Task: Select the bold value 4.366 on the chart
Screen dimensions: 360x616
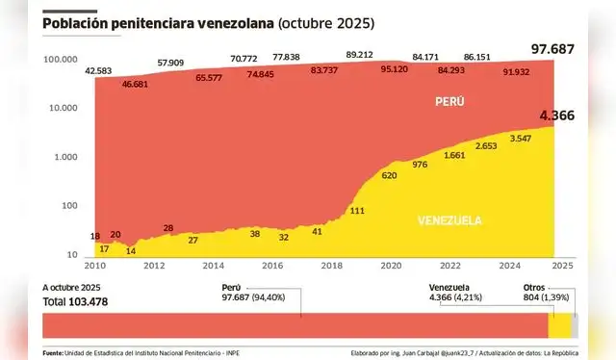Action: click(x=556, y=116)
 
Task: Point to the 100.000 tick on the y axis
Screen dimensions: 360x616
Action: click(x=61, y=60)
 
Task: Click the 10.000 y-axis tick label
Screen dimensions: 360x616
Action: click(x=64, y=108)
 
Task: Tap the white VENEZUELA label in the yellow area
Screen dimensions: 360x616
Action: click(x=449, y=220)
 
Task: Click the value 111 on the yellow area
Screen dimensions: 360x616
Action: click(x=356, y=210)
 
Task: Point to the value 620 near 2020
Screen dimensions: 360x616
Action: click(x=389, y=175)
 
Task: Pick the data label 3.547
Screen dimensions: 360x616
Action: click(x=521, y=139)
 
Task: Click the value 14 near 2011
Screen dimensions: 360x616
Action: click(x=131, y=250)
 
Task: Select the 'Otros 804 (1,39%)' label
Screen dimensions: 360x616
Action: click(x=549, y=293)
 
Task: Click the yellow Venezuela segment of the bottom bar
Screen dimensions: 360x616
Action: click(x=558, y=326)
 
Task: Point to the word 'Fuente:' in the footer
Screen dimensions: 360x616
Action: click(x=53, y=352)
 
